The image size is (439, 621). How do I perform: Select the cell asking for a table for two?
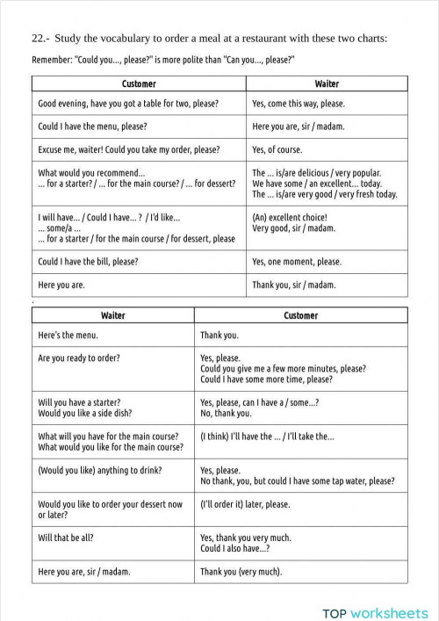128,104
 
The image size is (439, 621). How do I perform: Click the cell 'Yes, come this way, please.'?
298,104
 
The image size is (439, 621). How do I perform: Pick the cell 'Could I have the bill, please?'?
88,262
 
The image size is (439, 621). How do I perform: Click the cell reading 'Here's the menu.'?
68,335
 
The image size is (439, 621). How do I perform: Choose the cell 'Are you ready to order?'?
79,358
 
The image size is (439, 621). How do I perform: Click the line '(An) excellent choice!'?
290,217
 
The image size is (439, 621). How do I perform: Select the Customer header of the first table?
139,84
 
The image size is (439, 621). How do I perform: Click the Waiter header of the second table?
112,314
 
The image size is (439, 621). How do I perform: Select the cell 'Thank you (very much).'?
241,572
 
